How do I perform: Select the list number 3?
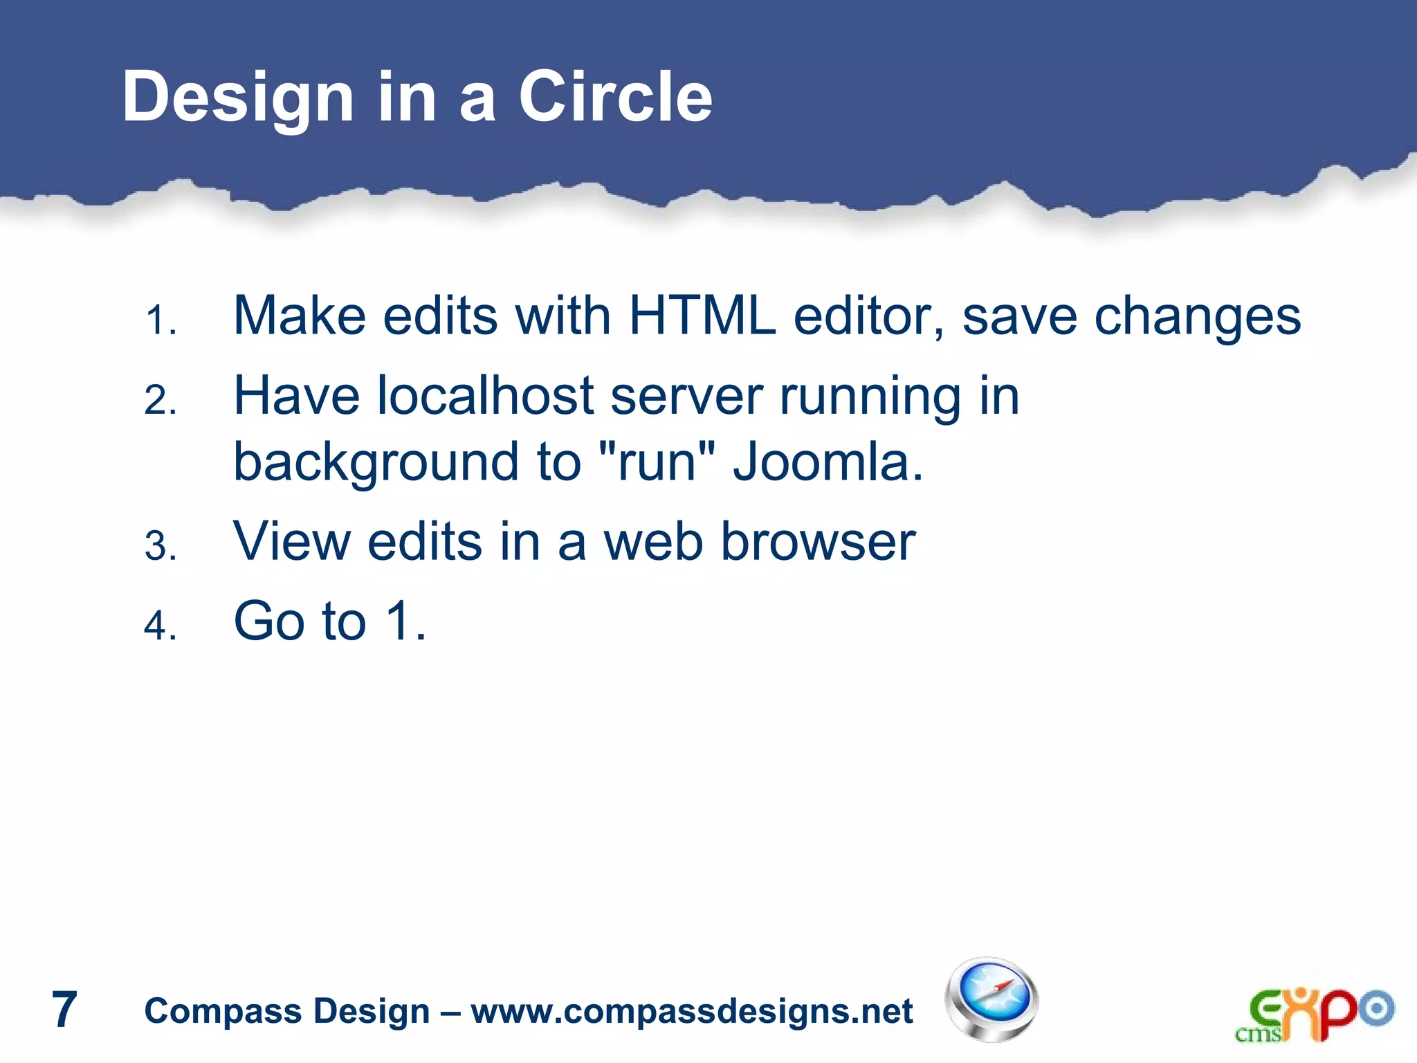click(x=161, y=547)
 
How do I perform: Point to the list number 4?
click(x=161, y=626)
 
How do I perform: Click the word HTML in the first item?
click(x=702, y=316)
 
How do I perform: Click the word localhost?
click(x=485, y=396)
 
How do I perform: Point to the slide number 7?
click(x=64, y=1010)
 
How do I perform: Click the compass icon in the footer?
click(x=991, y=999)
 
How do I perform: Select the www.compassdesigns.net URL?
click(x=691, y=1011)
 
